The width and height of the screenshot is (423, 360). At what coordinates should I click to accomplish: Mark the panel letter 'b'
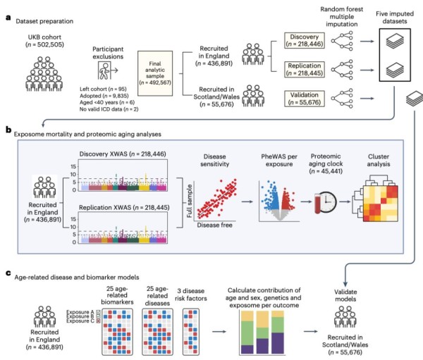point(7,130)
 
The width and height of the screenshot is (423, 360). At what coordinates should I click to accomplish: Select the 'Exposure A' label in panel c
point(75,309)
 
